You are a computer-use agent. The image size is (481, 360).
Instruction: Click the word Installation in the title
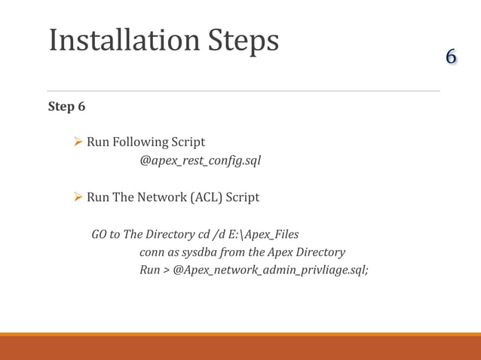(x=126, y=41)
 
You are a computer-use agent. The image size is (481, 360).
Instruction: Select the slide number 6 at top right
(x=451, y=56)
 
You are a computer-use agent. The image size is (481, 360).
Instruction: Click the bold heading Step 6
(x=66, y=106)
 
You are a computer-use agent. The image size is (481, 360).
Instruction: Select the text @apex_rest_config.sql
(x=200, y=160)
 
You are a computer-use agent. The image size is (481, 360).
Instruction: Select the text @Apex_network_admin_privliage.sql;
(x=271, y=270)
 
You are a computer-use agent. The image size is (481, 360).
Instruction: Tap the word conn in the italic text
(x=152, y=252)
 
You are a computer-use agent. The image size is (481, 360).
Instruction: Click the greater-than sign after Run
(x=166, y=270)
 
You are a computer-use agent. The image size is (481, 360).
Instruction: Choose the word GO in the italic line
(x=99, y=234)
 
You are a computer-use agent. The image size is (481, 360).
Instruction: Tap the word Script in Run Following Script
(x=188, y=142)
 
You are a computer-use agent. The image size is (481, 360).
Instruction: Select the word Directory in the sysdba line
(x=318, y=252)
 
